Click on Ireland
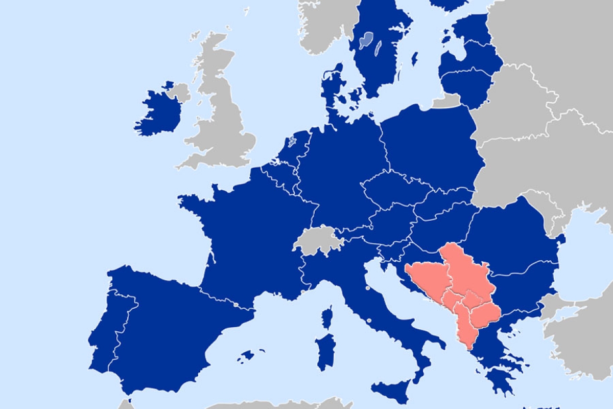coord(158,112)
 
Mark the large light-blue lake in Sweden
coord(367,40)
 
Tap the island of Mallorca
coord(248,355)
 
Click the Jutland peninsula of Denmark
coord(332,87)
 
